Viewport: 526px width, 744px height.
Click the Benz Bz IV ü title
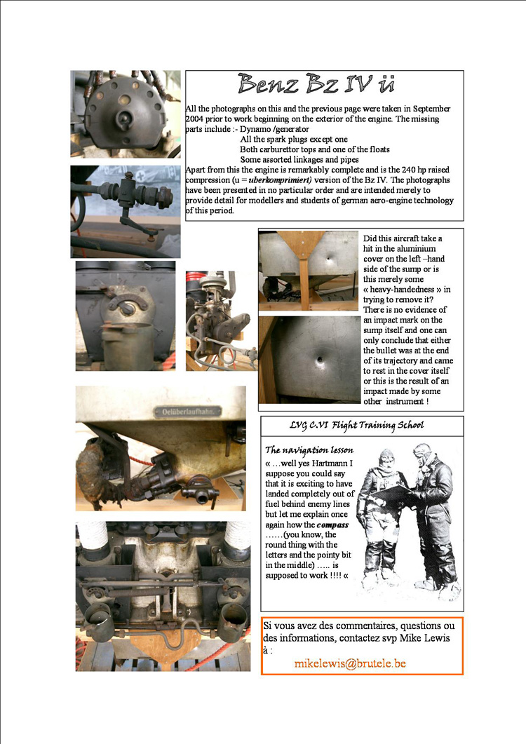[x=315, y=84]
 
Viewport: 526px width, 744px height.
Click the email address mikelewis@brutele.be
[x=350, y=663]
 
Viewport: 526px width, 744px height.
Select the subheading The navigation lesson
[x=309, y=449]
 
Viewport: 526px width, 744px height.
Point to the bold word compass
[x=332, y=524]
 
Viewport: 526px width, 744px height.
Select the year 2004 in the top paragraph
[x=198, y=120]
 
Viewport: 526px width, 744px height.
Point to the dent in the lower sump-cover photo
[x=320, y=362]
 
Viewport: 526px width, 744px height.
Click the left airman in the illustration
[x=377, y=519]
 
